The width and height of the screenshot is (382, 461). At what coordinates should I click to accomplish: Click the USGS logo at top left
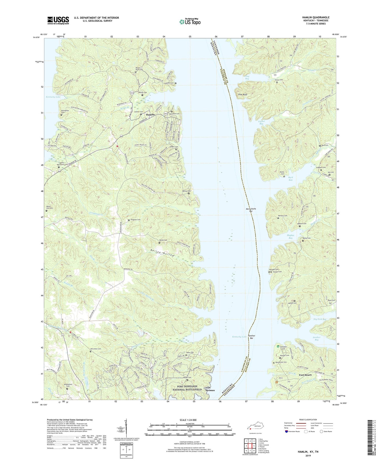[x=58, y=20]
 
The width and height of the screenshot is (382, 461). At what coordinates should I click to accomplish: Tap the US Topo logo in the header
[x=190, y=22]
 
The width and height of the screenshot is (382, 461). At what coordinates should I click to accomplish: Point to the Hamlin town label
[x=150, y=115]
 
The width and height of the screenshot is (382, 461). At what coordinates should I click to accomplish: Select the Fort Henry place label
[x=305, y=375]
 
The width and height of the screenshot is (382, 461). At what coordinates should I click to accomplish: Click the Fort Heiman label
[x=210, y=389]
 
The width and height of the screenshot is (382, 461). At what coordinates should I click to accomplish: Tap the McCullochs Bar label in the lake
[x=251, y=210]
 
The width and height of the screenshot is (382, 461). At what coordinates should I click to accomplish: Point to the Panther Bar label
[x=251, y=337]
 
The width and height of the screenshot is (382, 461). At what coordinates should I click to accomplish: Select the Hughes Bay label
[x=290, y=237]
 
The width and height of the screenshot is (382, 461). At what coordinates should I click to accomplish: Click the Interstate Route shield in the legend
[x=287, y=432]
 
